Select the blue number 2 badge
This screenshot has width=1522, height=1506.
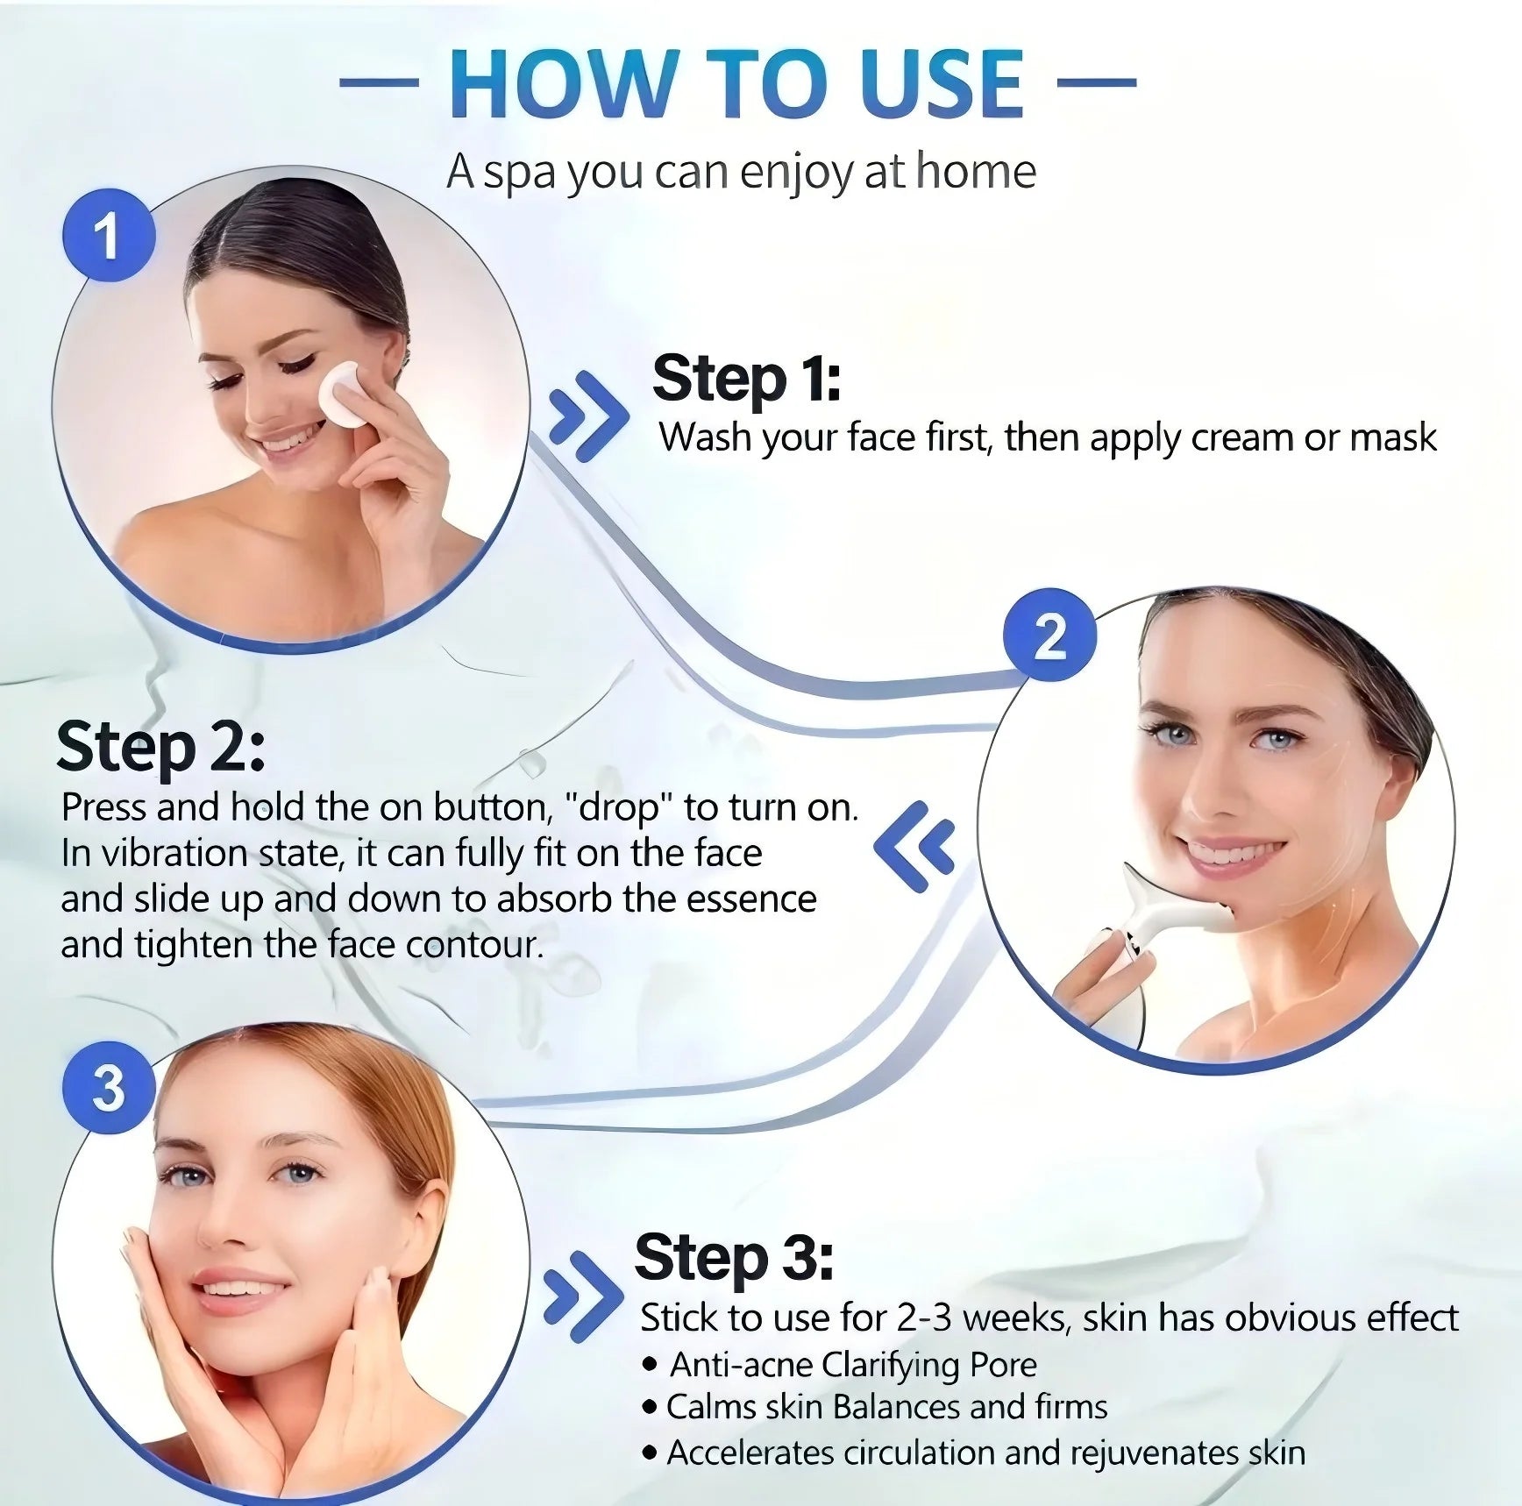click(x=1049, y=635)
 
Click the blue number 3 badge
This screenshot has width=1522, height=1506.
click(x=109, y=1088)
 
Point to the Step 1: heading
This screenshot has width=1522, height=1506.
click(x=746, y=379)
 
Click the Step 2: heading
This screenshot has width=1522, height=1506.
click(x=160, y=748)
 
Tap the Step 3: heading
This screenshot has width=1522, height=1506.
click(x=733, y=1257)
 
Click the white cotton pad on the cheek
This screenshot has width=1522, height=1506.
click(x=339, y=395)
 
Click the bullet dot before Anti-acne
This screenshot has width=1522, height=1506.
click(x=650, y=1365)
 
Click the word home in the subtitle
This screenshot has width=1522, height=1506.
click(x=976, y=171)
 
